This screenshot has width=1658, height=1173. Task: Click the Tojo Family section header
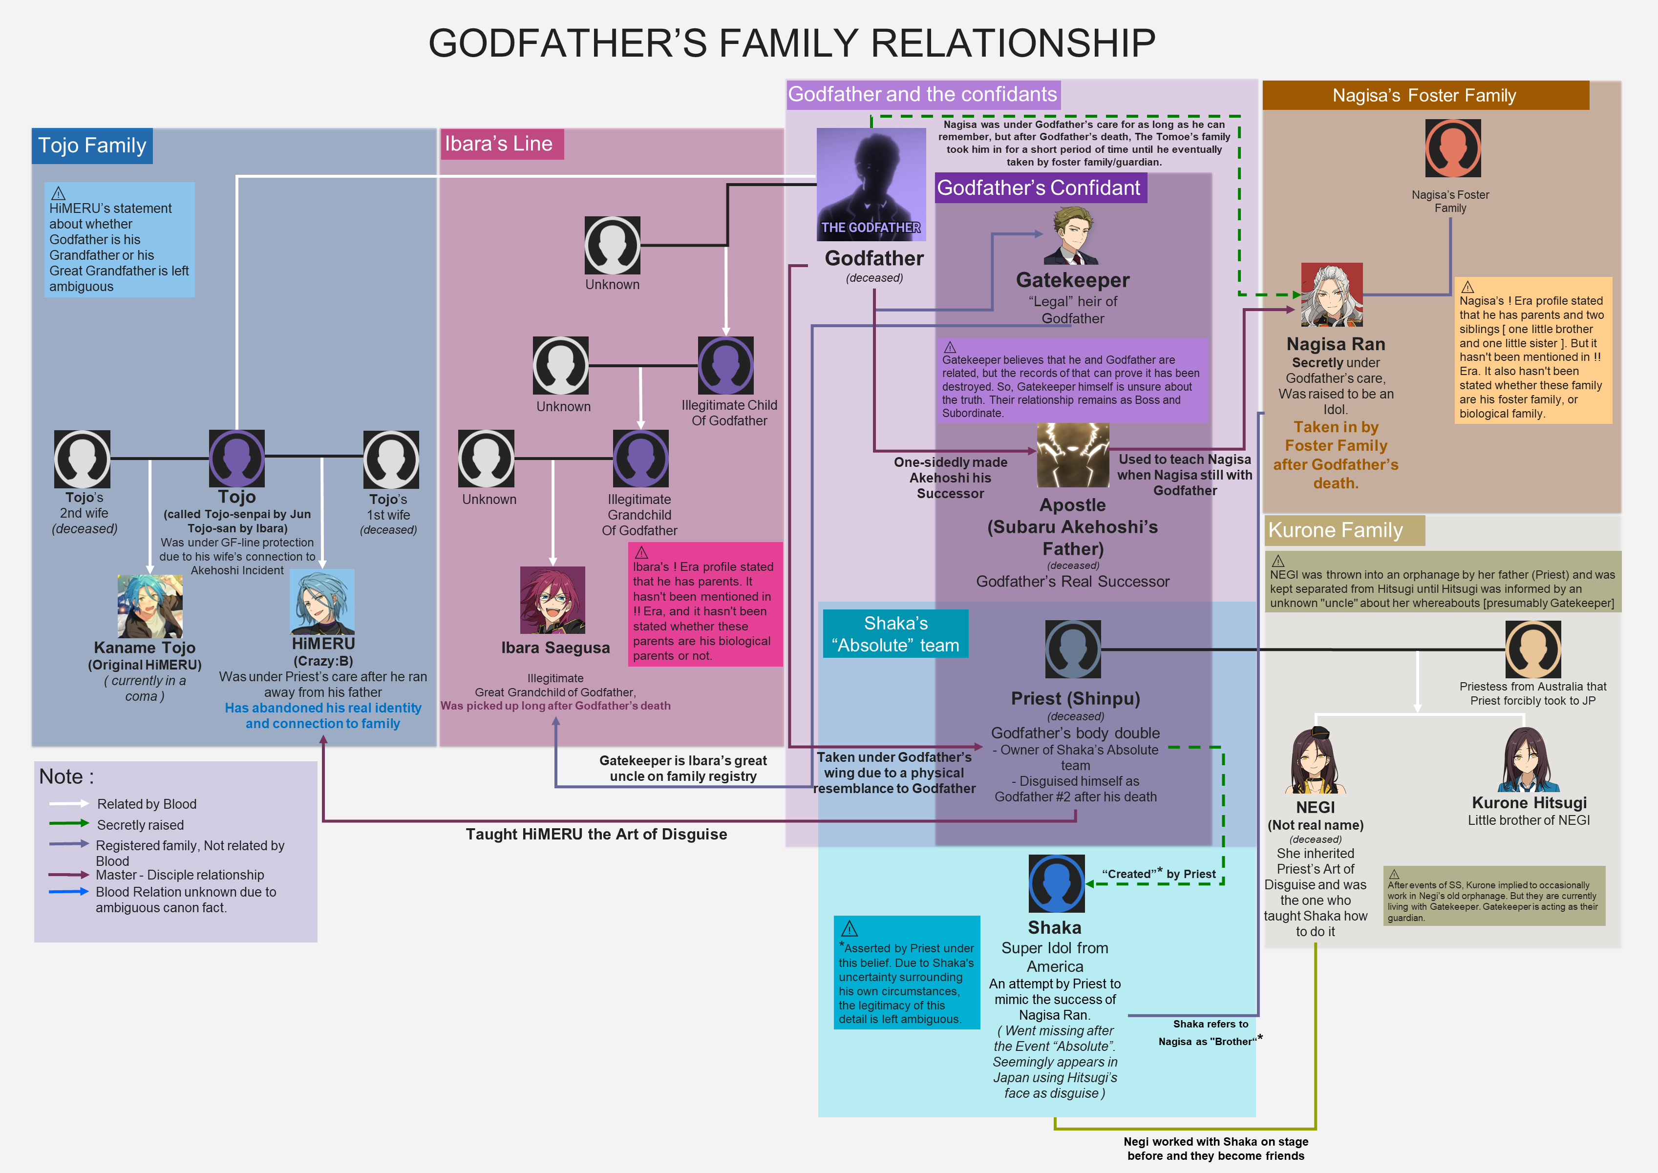click(92, 146)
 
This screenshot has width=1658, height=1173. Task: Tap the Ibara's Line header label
click(501, 144)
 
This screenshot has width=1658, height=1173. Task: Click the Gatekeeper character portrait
click(1073, 235)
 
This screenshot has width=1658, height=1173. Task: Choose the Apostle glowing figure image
click(1073, 455)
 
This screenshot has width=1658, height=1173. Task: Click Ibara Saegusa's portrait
click(553, 600)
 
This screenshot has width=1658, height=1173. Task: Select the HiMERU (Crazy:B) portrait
click(322, 602)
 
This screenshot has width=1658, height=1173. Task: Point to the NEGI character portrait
click(1316, 760)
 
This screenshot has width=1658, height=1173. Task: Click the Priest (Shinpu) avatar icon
click(1073, 649)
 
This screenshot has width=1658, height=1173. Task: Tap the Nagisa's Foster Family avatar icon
click(1453, 148)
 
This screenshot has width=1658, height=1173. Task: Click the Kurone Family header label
click(1344, 530)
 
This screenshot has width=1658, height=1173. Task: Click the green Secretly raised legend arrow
click(69, 823)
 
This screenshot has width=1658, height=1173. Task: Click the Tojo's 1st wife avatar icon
click(391, 460)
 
